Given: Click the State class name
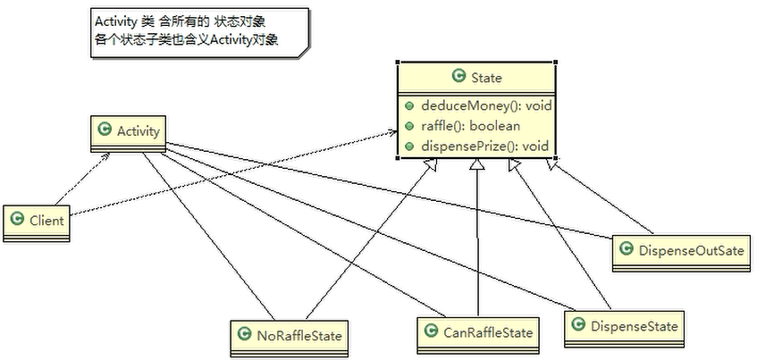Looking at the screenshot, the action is pos(486,78).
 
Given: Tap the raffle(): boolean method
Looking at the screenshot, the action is pos(470,126).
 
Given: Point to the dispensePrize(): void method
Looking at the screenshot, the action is pos(484,146).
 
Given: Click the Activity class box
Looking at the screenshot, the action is pos(128,133).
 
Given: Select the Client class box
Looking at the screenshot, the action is pos(37,223).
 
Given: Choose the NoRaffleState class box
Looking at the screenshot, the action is pos(290,338).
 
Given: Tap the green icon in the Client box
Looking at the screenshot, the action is pos(17,220).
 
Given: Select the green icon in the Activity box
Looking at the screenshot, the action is pos(105,130).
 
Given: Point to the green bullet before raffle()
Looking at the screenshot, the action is pos(409,127).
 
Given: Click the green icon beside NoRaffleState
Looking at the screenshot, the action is pos(245,334).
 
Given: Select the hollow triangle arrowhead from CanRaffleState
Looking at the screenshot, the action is pos(477,165).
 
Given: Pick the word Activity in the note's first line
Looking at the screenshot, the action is pos(114,22).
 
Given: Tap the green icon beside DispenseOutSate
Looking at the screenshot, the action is pos(627,248).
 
